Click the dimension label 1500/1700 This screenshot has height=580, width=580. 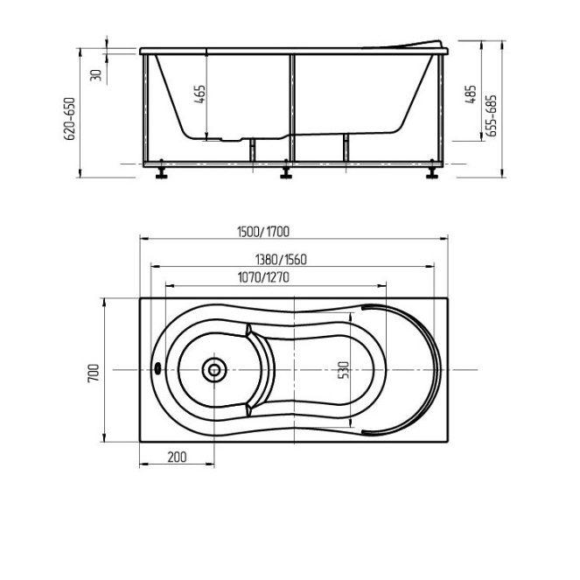point(263,232)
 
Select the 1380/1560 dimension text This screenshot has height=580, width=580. point(281,260)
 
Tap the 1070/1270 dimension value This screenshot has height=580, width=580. point(263,277)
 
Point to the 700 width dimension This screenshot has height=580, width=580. point(94,373)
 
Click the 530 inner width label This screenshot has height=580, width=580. point(344,370)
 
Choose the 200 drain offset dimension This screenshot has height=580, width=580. point(178,458)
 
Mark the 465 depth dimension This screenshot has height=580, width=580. point(199,94)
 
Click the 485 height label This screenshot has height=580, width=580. point(471,94)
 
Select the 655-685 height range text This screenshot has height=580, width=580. point(492,115)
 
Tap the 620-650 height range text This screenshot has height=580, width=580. point(69,118)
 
